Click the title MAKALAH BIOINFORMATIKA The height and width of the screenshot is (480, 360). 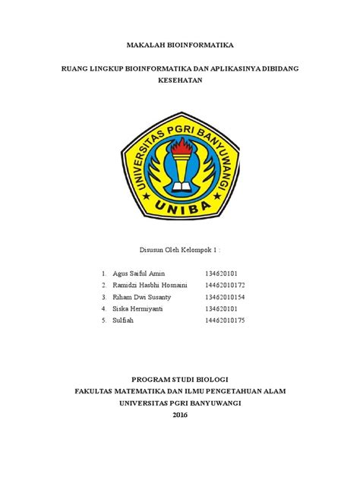179,46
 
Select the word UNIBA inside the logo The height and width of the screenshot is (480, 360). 180,206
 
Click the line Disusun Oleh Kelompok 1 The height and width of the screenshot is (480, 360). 180,248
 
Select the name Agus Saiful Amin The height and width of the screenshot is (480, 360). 137,273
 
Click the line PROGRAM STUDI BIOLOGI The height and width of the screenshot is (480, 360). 180,378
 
